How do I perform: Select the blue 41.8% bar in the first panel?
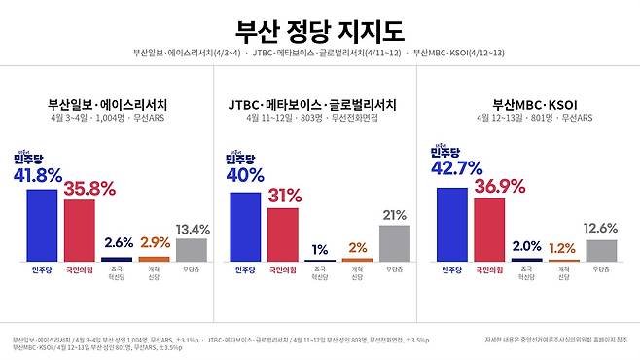point(41,225)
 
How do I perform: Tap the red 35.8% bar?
point(79,230)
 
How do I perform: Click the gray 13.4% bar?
point(192,250)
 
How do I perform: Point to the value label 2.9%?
point(155,241)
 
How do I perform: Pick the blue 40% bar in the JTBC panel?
point(245,226)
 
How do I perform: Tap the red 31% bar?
point(282,234)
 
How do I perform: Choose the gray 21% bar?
point(395,243)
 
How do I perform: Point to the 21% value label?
point(395,215)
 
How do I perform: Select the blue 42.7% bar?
point(451,224)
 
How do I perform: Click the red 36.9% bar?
point(489,229)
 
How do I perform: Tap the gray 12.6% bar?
point(601,251)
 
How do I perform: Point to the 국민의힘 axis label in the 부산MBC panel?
point(489,270)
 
